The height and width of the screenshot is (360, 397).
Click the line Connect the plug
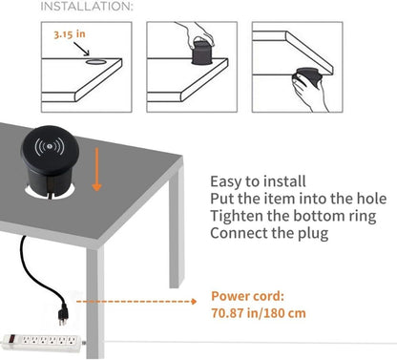click(x=272, y=233)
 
